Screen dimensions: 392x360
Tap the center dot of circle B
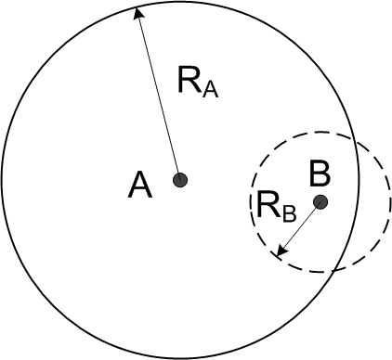click(x=320, y=201)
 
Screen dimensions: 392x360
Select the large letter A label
click(x=140, y=186)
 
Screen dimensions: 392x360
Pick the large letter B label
click(x=320, y=172)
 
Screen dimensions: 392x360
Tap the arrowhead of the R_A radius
click(x=136, y=11)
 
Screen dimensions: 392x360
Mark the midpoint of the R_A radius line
click(x=158, y=94)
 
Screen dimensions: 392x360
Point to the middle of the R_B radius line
click(x=299, y=227)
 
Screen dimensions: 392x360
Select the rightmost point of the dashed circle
click(x=390, y=201)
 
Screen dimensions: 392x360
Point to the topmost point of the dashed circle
click(x=320, y=131)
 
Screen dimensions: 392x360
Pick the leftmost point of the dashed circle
click(x=251, y=201)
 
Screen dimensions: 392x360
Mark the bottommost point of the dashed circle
click(x=320, y=272)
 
